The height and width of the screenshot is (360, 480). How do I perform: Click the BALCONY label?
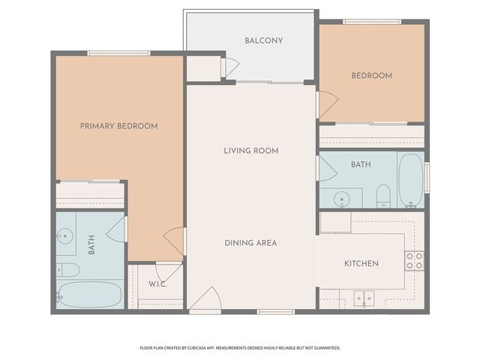(x=263, y=40)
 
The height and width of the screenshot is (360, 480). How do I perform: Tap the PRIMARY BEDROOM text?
(x=118, y=126)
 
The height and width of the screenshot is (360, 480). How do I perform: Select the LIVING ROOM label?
(x=250, y=151)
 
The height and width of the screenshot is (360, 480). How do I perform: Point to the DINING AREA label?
(x=250, y=243)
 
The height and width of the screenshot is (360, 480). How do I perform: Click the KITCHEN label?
(x=361, y=263)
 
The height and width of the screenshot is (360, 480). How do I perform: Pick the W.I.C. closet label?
(x=157, y=284)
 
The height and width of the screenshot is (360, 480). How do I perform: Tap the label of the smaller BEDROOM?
(x=371, y=76)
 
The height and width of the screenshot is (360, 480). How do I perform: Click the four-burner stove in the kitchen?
(x=414, y=260)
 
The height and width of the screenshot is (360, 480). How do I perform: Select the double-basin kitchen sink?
(x=364, y=298)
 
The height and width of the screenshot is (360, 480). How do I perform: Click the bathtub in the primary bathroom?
(x=90, y=295)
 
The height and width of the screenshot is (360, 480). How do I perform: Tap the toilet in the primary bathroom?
(x=67, y=269)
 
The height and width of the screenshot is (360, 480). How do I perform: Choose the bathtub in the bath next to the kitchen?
(x=410, y=180)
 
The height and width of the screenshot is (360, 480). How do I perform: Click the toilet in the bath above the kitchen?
(x=382, y=196)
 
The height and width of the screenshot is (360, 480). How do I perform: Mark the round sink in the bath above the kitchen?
(x=342, y=199)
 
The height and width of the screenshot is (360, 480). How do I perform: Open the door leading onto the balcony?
(x=230, y=67)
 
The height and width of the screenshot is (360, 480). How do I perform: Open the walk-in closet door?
(x=168, y=271)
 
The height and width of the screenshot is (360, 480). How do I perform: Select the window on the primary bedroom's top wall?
(x=118, y=52)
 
